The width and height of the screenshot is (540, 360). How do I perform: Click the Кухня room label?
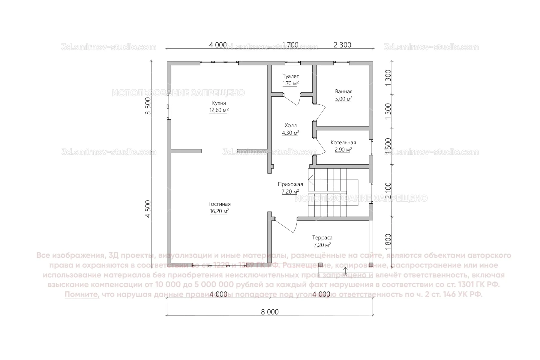pyautogui.click(x=219, y=103)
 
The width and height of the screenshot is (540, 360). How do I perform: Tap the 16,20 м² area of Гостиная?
pyautogui.click(x=219, y=211)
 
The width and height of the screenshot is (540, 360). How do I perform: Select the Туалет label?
pyautogui.click(x=291, y=76)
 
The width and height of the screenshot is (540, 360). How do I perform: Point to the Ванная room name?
pyautogui.click(x=344, y=91)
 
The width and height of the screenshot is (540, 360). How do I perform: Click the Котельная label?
pyautogui.click(x=343, y=143)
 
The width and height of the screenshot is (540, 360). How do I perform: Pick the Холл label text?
pyautogui.click(x=290, y=126)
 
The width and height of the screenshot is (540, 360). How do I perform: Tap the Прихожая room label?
pyautogui.click(x=290, y=184)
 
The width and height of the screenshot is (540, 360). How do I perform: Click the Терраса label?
pyautogui.click(x=322, y=238)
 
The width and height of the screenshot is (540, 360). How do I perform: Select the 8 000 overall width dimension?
pyautogui.click(x=270, y=312)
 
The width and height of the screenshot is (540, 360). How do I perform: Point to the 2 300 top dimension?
pyautogui.click(x=342, y=45)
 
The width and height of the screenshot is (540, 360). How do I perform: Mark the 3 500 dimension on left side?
pyautogui.click(x=148, y=106)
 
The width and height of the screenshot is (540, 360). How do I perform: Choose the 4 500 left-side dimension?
pyautogui.click(x=148, y=209)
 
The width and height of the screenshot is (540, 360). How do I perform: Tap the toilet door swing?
pyautogui.click(x=292, y=100)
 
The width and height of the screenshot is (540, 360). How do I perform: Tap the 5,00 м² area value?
pyautogui.click(x=344, y=99)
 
